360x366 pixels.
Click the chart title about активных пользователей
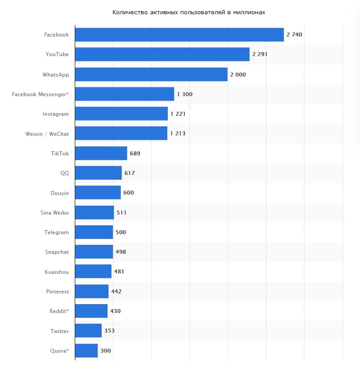click(x=189, y=12)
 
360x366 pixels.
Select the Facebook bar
click(x=179, y=35)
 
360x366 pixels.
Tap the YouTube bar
click(x=162, y=54)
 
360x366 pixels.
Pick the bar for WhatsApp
click(x=151, y=74)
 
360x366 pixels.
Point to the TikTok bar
click(x=101, y=153)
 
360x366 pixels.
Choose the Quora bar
click(x=86, y=350)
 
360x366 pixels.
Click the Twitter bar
click(x=88, y=331)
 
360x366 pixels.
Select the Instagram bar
click(x=121, y=114)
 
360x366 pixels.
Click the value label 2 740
click(x=295, y=35)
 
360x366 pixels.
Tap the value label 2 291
click(x=260, y=54)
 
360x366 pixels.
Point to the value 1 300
click(x=185, y=94)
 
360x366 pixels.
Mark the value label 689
click(x=135, y=153)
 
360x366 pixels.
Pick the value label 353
click(x=109, y=331)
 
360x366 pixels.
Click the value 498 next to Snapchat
click(x=121, y=252)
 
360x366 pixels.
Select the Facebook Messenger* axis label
click(x=40, y=94)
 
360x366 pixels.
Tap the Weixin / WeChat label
click(x=47, y=134)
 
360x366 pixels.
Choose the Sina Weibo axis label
click(x=54, y=212)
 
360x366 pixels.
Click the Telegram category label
click(x=57, y=232)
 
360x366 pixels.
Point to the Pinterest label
click(x=57, y=291)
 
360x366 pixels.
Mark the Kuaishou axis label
click(x=57, y=272)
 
